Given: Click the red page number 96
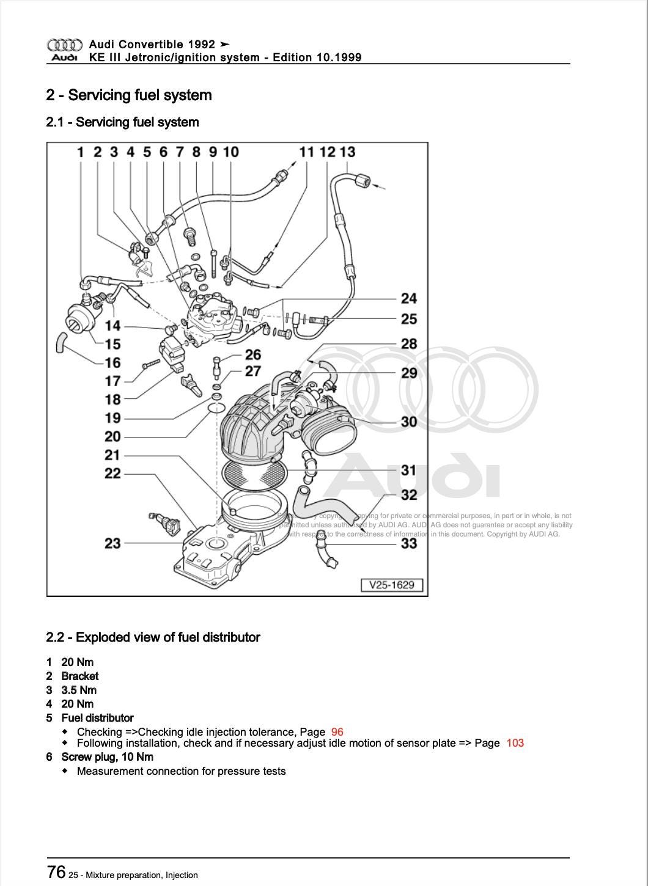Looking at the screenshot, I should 337,731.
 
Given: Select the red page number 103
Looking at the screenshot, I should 515,743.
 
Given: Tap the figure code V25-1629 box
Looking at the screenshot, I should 392,585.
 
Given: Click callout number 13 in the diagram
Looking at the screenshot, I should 347,152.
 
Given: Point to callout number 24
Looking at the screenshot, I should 408,298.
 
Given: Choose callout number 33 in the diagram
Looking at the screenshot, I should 408,543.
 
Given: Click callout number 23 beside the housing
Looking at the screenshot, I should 112,543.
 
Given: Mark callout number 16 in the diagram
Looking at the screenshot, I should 112,362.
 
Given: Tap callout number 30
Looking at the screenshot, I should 408,421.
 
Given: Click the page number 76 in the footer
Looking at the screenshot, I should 56,871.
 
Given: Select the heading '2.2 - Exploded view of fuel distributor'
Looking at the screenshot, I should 153,637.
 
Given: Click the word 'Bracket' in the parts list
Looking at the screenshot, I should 79,676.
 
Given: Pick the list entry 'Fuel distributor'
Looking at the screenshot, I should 97,717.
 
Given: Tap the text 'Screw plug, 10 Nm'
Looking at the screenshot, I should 107,756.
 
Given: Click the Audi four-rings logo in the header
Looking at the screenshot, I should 64,45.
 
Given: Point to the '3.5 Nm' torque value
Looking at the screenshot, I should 79,690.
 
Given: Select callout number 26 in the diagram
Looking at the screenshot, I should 252,354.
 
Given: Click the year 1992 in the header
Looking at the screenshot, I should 202,44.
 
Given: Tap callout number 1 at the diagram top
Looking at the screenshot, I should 80,152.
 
